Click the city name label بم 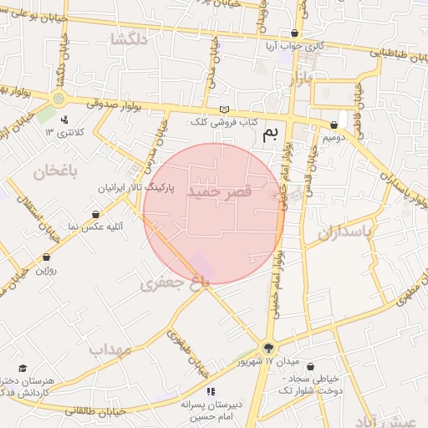pyautogui.click(x=269, y=135)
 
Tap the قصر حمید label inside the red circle pyautogui.click(x=218, y=192)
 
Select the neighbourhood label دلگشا pyautogui.click(x=129, y=39)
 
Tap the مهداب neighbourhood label pyautogui.click(x=111, y=349)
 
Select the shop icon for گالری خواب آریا pyautogui.click(x=293, y=33)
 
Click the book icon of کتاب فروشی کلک pyautogui.click(x=223, y=110)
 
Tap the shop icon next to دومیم pyautogui.click(x=334, y=125)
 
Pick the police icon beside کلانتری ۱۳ pyautogui.click(x=64, y=120)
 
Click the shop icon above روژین pyautogui.click(x=46, y=257)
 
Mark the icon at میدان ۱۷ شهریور pyautogui.click(x=268, y=348)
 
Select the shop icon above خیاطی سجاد pyautogui.click(x=311, y=367)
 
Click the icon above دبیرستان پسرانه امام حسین pyautogui.click(x=211, y=391)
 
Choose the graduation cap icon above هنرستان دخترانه pyautogui.click(x=23, y=368)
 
